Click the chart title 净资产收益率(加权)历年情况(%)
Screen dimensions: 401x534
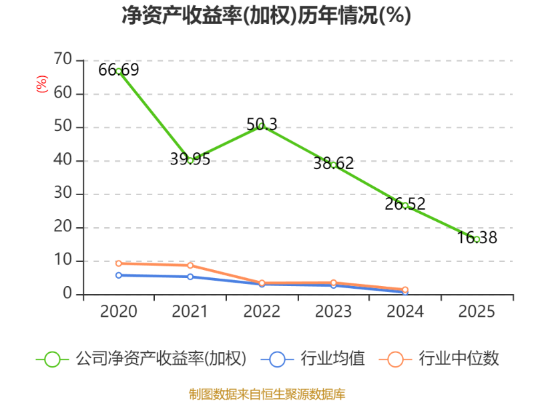coord(266,15)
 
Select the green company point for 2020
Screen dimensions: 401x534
coord(119,71)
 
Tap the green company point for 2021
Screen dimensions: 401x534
coord(190,160)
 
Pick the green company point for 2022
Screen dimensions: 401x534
coord(262,126)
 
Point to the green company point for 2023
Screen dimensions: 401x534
coord(333,164)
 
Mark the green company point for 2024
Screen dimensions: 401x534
coord(405,205)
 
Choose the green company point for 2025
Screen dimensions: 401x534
coord(477,239)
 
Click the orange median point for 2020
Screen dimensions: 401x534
coord(119,263)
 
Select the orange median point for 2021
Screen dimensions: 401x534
coord(190,265)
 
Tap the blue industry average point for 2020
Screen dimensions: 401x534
coord(119,275)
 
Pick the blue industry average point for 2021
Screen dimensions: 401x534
coord(190,276)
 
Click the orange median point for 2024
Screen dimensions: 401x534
coord(405,289)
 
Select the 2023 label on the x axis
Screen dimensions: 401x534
coord(333,312)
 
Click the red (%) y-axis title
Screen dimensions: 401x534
coord(42,84)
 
